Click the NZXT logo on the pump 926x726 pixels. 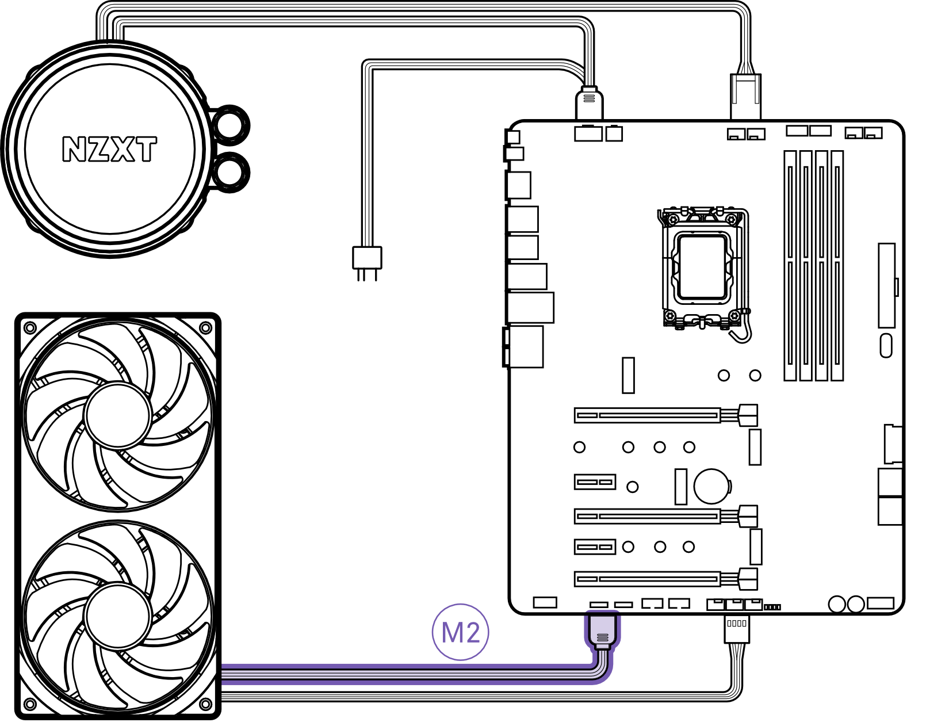click(109, 149)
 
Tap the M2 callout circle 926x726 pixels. click(460, 632)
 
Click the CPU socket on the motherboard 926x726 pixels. click(702, 268)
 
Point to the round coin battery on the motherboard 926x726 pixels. click(711, 487)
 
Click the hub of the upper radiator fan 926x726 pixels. click(118, 415)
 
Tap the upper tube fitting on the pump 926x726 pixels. click(230, 124)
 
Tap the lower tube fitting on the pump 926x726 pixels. click(230, 172)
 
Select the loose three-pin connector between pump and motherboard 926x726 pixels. click(367, 258)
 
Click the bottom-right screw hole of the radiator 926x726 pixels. click(205, 704)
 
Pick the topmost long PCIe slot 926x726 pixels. click(648, 415)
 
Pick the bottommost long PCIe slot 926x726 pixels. click(648, 579)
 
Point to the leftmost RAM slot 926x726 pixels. click(790, 265)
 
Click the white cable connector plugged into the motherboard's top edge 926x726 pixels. click(589, 103)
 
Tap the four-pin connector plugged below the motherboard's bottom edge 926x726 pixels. click(737, 628)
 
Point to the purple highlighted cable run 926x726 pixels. click(403, 674)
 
